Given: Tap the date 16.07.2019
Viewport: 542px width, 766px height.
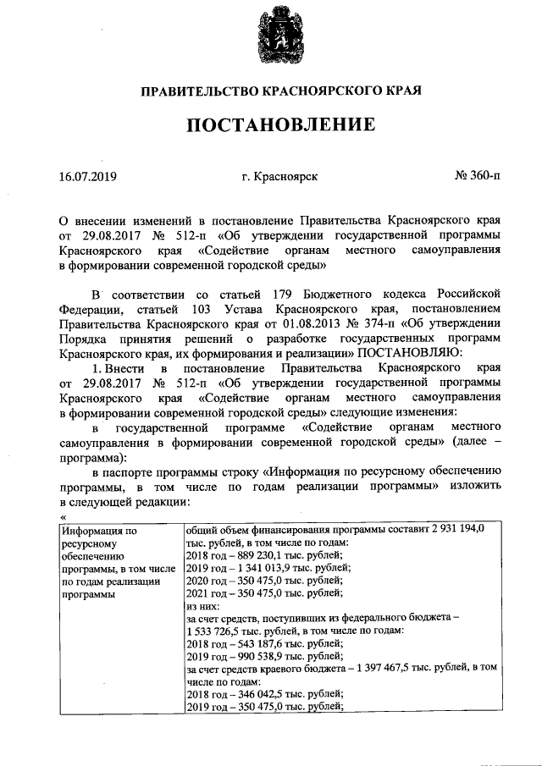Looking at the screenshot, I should [88, 178].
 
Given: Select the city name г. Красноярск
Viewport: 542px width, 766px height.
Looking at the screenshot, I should [279, 178].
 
